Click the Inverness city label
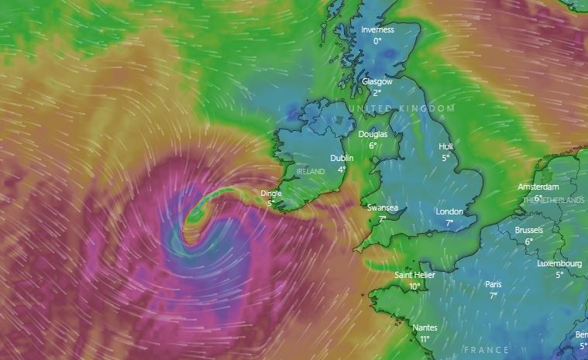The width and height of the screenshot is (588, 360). tap(377, 30)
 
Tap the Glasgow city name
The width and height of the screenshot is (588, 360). tap(377, 81)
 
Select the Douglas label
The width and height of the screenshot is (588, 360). tap(373, 134)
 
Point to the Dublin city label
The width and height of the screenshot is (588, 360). tap(342, 158)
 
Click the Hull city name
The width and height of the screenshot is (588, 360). tap(445, 146)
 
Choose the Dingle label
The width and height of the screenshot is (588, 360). tap(271, 194)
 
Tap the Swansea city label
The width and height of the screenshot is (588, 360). tap(383, 207)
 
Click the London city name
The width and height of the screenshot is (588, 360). tap(449, 211)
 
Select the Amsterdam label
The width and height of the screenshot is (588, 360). tap(538, 187)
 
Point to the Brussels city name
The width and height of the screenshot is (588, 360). tap(529, 230)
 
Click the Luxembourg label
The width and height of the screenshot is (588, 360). tap(559, 263)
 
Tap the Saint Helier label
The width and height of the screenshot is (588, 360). tap(414, 275)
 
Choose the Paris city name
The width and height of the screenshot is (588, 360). tap(493, 284)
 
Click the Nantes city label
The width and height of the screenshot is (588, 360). tap(425, 327)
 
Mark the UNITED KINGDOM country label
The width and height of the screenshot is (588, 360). tap(401, 108)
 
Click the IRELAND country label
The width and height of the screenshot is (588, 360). tap(311, 171)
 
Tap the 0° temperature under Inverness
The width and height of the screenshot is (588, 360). tap(377, 41)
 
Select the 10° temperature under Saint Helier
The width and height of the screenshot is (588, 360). tap(414, 286)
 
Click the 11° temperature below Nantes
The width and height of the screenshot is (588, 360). tap(425, 339)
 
